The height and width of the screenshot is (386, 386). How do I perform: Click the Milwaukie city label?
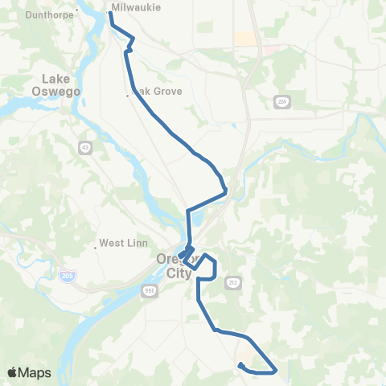(137, 7)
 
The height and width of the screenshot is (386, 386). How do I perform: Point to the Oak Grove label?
(158, 92)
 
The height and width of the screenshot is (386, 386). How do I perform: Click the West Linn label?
(121, 243)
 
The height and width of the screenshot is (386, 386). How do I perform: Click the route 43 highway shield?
(84, 147)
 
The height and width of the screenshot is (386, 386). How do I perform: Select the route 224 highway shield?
(281, 101)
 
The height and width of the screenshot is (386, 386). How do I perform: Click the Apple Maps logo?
(29, 372)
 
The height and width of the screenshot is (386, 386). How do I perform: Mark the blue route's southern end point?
(240, 366)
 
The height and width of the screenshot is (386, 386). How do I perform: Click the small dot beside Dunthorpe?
(76, 11)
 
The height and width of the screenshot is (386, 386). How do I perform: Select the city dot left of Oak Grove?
(128, 96)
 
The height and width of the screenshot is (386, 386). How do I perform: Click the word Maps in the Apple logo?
(35, 372)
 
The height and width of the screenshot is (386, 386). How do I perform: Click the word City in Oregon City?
(179, 273)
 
